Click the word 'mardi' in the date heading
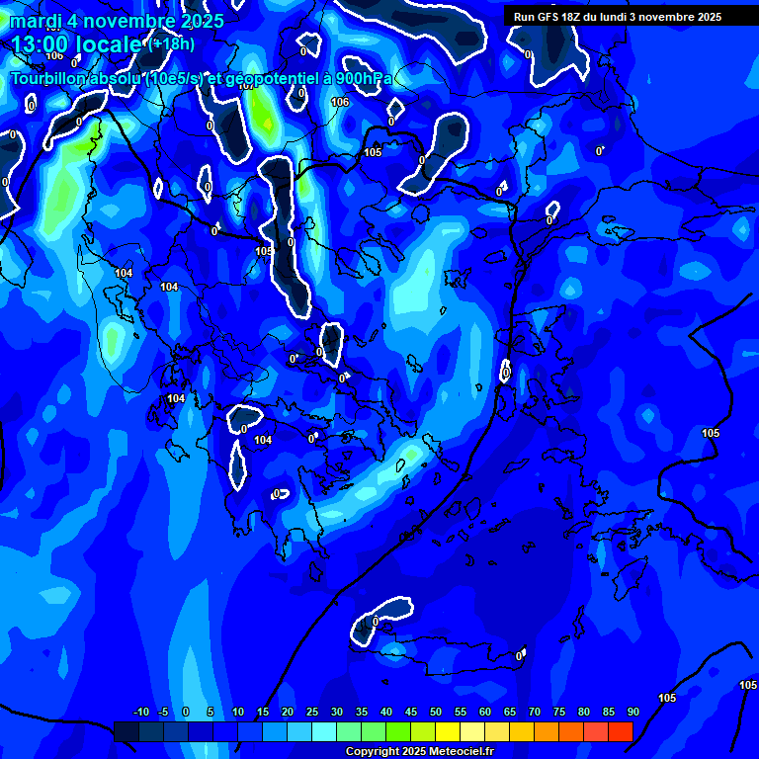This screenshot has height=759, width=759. click(x=35, y=21)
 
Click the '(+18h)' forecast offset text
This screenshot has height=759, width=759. click(x=171, y=44)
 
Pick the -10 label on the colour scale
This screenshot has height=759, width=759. click(x=140, y=712)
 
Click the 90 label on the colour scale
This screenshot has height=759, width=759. click(x=632, y=712)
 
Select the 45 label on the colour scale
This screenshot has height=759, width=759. click(x=411, y=712)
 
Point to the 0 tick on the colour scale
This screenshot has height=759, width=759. click(x=186, y=712)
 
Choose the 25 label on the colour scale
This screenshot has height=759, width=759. click(x=312, y=712)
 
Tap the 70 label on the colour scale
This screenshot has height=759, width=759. click(x=535, y=712)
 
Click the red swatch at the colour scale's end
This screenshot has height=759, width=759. click(x=620, y=731)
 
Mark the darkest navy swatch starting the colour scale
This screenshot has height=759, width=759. click(x=126, y=731)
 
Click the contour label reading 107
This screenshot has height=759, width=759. click(x=246, y=86)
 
